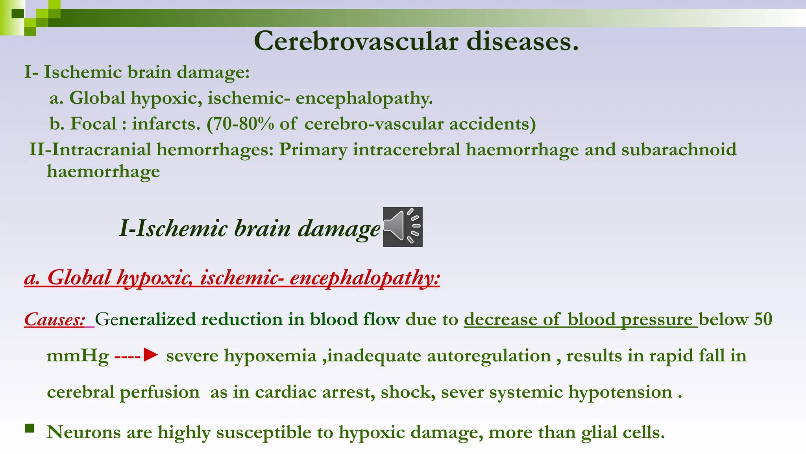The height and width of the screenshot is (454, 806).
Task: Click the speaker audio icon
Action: [x=403, y=227]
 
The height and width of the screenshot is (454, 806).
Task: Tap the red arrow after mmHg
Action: [x=150, y=355]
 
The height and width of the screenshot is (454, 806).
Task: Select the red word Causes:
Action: [x=55, y=319]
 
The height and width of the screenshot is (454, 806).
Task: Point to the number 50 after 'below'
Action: [x=763, y=319]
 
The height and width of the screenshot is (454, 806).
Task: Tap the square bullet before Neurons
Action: [x=30, y=428]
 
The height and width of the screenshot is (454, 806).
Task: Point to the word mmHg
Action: [x=78, y=356]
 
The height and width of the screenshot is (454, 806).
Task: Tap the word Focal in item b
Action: [x=93, y=124]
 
